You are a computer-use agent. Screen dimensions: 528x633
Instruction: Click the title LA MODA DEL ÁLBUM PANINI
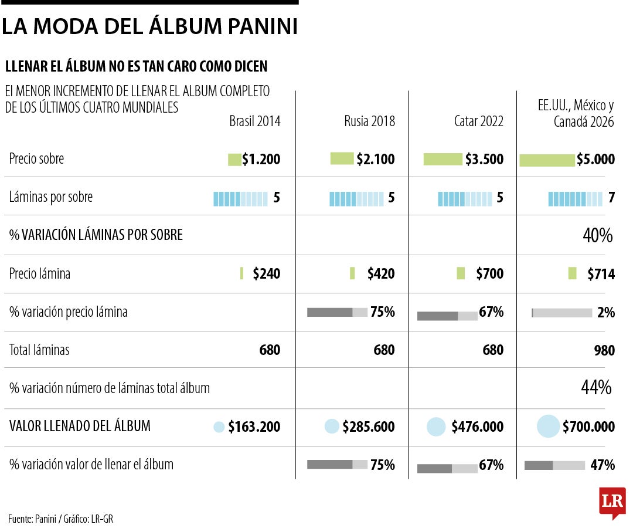149,26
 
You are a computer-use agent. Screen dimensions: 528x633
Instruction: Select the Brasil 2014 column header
254,121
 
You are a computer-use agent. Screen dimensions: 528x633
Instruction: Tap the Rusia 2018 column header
369,121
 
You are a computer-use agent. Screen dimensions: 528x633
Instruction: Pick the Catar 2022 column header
478,121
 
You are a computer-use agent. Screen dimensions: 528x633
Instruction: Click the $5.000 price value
596,160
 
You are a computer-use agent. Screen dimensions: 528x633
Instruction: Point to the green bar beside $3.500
443,159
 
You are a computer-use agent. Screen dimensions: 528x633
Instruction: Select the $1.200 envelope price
261,159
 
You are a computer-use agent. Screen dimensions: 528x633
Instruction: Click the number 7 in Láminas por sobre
611,198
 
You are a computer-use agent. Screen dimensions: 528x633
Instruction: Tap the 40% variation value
598,236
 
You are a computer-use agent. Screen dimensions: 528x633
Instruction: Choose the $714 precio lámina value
601,274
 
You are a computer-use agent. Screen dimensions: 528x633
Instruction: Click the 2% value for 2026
606,313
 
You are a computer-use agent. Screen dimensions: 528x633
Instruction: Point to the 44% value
597,388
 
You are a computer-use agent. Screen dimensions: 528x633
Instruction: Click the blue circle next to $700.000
548,427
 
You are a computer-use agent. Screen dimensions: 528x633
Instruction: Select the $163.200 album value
254,427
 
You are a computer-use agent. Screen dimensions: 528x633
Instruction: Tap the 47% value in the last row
603,465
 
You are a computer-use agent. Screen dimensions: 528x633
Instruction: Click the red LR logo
612,502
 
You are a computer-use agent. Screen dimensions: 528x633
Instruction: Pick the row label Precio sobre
36,159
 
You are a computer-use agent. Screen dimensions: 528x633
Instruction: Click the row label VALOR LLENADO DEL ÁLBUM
80,427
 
